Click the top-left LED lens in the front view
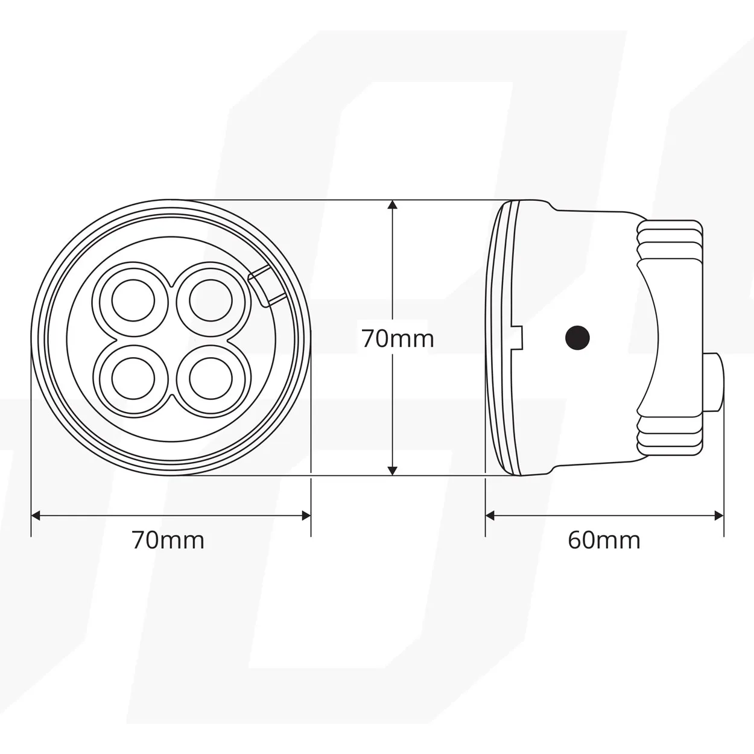[133, 300]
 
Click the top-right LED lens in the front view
[211, 300]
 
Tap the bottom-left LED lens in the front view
[133, 378]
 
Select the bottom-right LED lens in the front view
[211, 378]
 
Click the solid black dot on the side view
[577, 337]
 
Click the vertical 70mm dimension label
[398, 339]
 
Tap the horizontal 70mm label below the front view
[168, 540]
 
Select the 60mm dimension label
[604, 540]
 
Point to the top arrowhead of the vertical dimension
[393, 204]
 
